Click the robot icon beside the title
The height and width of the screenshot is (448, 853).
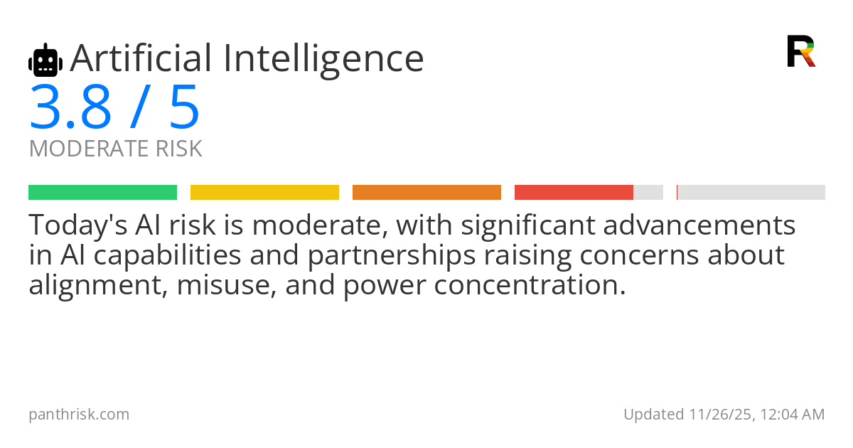coord(45,60)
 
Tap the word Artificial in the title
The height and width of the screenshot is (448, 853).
coord(141,58)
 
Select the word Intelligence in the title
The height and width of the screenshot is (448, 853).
coord(323,61)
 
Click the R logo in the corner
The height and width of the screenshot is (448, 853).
coord(801,51)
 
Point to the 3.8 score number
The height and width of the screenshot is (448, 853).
coord(70,107)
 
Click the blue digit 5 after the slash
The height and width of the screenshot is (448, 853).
coord(184,107)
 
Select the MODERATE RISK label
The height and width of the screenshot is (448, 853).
coord(115,149)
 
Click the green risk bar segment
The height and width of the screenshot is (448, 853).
coord(103,193)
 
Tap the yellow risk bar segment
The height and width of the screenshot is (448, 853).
coord(264,193)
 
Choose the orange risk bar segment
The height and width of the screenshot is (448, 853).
coord(426,193)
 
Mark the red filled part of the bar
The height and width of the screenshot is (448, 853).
coord(574,193)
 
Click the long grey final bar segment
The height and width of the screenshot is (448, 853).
coord(751,193)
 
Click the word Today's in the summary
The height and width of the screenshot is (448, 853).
coord(78,225)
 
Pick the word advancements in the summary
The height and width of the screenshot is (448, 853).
coord(699,225)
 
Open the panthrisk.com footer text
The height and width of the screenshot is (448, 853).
coord(79,415)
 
